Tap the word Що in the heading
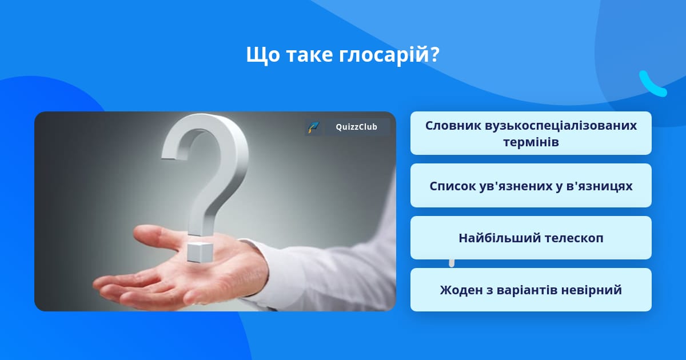coord(263,55)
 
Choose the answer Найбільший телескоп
coord(531,238)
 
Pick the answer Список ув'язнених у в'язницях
coord(531,186)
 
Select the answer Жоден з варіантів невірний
coord(531,290)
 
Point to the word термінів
coord(531,142)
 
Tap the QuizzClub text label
coord(357,127)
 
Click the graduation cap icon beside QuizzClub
coord(313,127)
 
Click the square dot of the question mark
coord(200,252)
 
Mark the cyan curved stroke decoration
coord(652,84)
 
